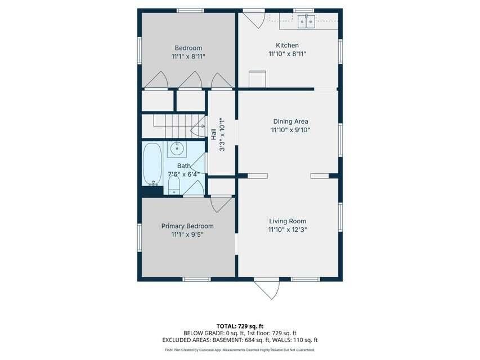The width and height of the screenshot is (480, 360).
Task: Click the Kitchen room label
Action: pos(287,46)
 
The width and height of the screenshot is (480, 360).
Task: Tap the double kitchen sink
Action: pos(307,21)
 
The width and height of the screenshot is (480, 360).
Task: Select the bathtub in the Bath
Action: pos(152,164)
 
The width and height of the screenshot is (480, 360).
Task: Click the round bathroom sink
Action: pos(177,149)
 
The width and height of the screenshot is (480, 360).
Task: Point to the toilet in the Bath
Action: pos(174,186)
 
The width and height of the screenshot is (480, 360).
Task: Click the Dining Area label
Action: pos(290,121)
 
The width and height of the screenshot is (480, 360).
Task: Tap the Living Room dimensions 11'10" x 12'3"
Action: pos(288,229)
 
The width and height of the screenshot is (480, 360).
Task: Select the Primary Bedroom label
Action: pos(187,226)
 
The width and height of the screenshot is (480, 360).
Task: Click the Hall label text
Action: pos(213,134)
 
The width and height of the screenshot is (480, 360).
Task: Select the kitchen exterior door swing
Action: pos(254,20)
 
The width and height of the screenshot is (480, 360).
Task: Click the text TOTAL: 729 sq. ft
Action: pos(240,326)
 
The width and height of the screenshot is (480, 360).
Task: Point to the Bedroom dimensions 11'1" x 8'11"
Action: pos(188,57)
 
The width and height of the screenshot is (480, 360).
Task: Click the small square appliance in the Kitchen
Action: pos(257,79)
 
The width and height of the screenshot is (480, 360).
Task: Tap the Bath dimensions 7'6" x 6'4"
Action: pos(183,174)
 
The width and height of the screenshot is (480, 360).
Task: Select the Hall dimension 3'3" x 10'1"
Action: pos(222,134)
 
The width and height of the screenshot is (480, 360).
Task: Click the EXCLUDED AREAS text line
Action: pos(240,340)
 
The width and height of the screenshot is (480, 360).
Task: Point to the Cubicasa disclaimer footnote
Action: pos(240,350)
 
